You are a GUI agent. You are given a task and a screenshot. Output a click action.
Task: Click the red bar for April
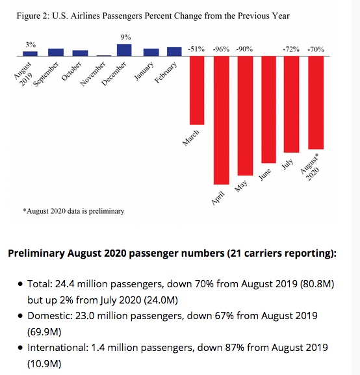221,120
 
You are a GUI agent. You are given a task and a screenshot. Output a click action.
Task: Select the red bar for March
197,90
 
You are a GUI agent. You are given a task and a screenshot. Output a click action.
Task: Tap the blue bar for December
124,50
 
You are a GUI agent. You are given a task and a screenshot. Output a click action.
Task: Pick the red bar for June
268,110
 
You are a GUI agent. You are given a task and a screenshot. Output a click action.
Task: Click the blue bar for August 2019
30,54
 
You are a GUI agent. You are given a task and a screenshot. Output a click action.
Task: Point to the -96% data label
221,49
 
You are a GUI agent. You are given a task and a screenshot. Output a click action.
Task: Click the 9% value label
125,37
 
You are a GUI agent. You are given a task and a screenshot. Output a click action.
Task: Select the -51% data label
196,49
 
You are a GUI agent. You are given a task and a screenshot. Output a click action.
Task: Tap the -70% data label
316,49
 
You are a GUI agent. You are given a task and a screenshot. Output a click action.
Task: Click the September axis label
45,74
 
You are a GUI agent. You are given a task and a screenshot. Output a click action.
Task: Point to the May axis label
240,187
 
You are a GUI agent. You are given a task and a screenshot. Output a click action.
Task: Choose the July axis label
287,164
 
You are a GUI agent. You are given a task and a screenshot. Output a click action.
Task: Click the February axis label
166,72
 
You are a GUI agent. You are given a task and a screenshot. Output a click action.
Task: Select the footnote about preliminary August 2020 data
73,211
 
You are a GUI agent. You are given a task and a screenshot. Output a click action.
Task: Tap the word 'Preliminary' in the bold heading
36,253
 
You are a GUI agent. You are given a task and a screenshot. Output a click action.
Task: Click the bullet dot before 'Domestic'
20,316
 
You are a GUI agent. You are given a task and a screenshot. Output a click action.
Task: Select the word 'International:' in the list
58,348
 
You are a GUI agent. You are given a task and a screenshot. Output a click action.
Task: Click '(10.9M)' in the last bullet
44,364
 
